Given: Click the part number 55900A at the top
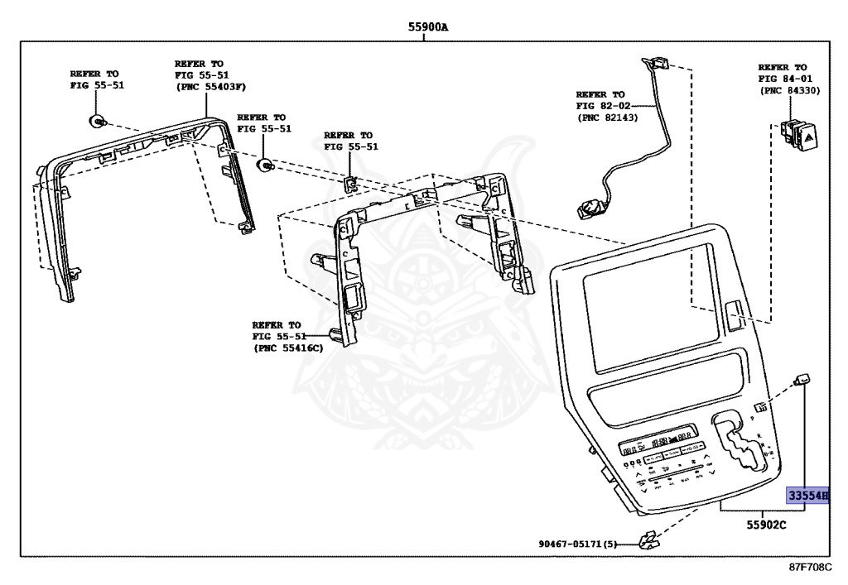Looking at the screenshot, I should pos(427,26).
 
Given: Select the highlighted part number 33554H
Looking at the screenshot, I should pos(807,496).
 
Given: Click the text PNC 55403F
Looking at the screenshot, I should pos(210,87).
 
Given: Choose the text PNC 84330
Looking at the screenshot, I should pos(790,90).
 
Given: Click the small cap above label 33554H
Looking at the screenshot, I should pos(802,380).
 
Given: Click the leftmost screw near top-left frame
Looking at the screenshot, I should pos(97,122).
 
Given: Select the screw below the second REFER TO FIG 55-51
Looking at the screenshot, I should pos(266,165).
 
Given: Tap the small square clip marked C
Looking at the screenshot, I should pos(349,182).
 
